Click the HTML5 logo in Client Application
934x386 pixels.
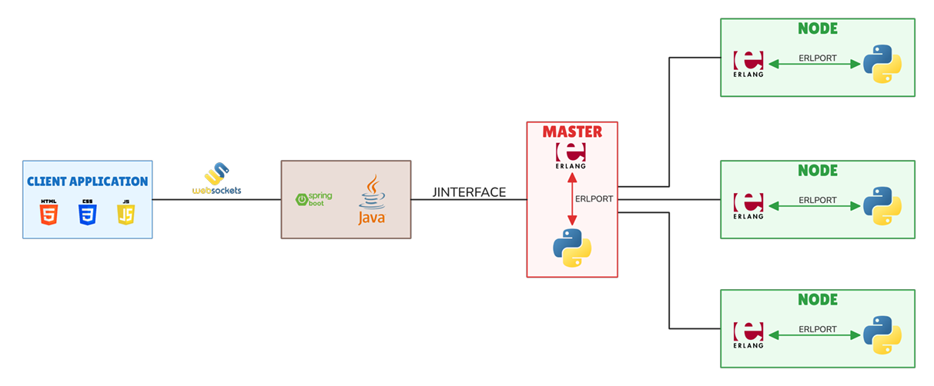point(49,212)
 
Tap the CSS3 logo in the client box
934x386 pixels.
point(87,212)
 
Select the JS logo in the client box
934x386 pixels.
point(126,212)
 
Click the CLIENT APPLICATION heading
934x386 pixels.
point(87,181)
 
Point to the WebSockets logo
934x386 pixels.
point(216,178)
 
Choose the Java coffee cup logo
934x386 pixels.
point(372,201)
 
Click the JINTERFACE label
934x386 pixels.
point(469,192)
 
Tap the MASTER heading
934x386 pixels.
point(572,131)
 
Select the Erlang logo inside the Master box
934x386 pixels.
point(571,155)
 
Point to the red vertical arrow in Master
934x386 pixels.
point(572,200)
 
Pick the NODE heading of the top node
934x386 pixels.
point(817,28)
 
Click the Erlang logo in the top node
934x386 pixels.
point(748,65)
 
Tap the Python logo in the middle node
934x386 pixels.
point(882,206)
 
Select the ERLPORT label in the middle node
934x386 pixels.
point(817,200)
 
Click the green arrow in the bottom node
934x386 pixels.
point(815,335)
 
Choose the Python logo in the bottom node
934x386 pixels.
point(882,335)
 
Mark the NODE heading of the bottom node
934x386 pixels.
point(817,299)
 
